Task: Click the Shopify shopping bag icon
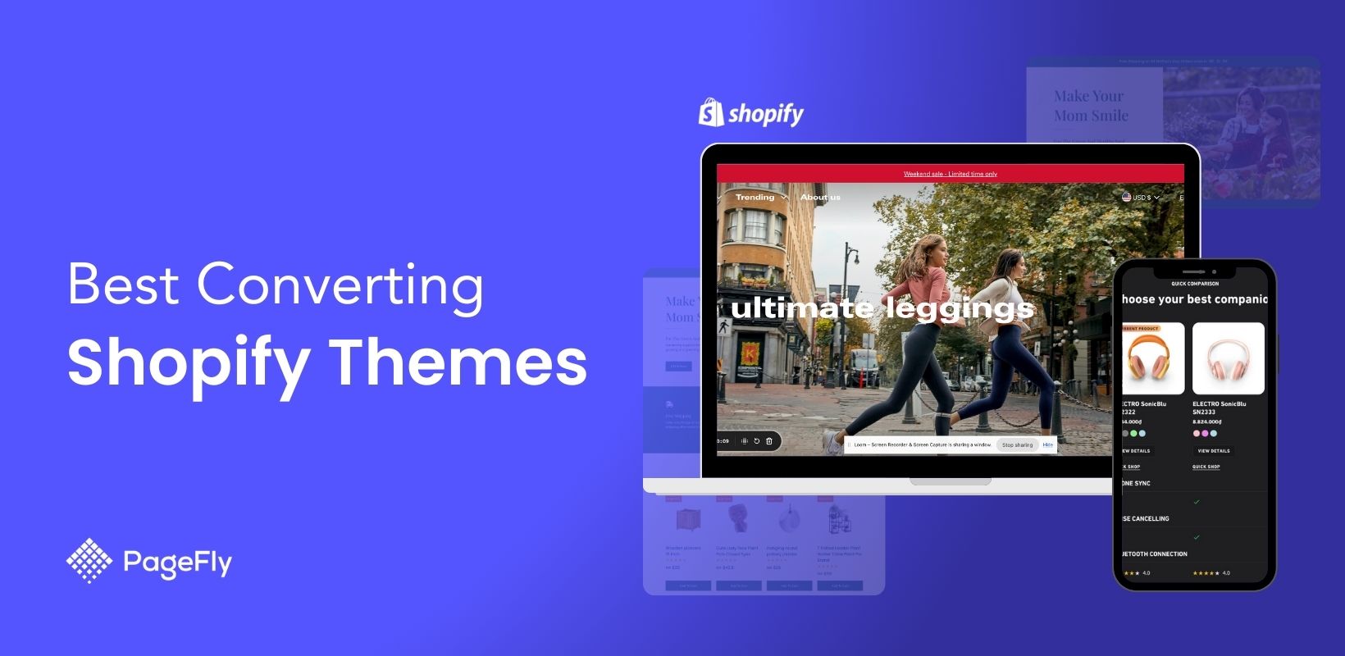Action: point(710,113)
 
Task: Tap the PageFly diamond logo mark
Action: point(89,560)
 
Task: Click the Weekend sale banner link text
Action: point(950,174)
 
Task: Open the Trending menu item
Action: point(755,198)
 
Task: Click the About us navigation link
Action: point(820,198)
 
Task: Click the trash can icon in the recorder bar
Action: point(769,441)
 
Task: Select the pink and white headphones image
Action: point(1228,359)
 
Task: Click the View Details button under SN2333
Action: point(1213,451)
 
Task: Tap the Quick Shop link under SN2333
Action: point(1206,467)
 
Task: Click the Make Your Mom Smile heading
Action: point(1091,106)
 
